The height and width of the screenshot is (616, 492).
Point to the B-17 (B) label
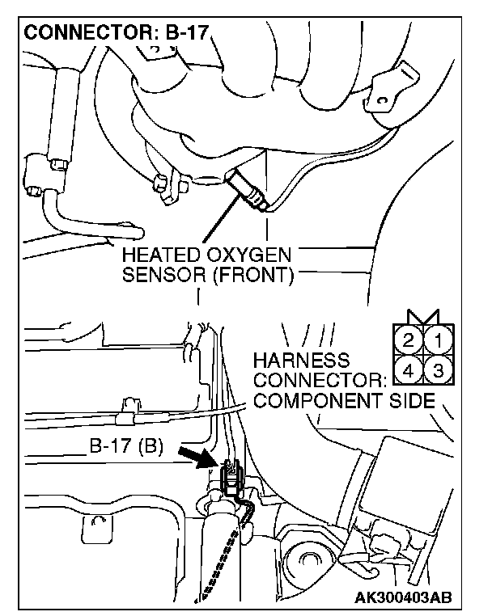[127, 446]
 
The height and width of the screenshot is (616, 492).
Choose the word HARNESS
[301, 361]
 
